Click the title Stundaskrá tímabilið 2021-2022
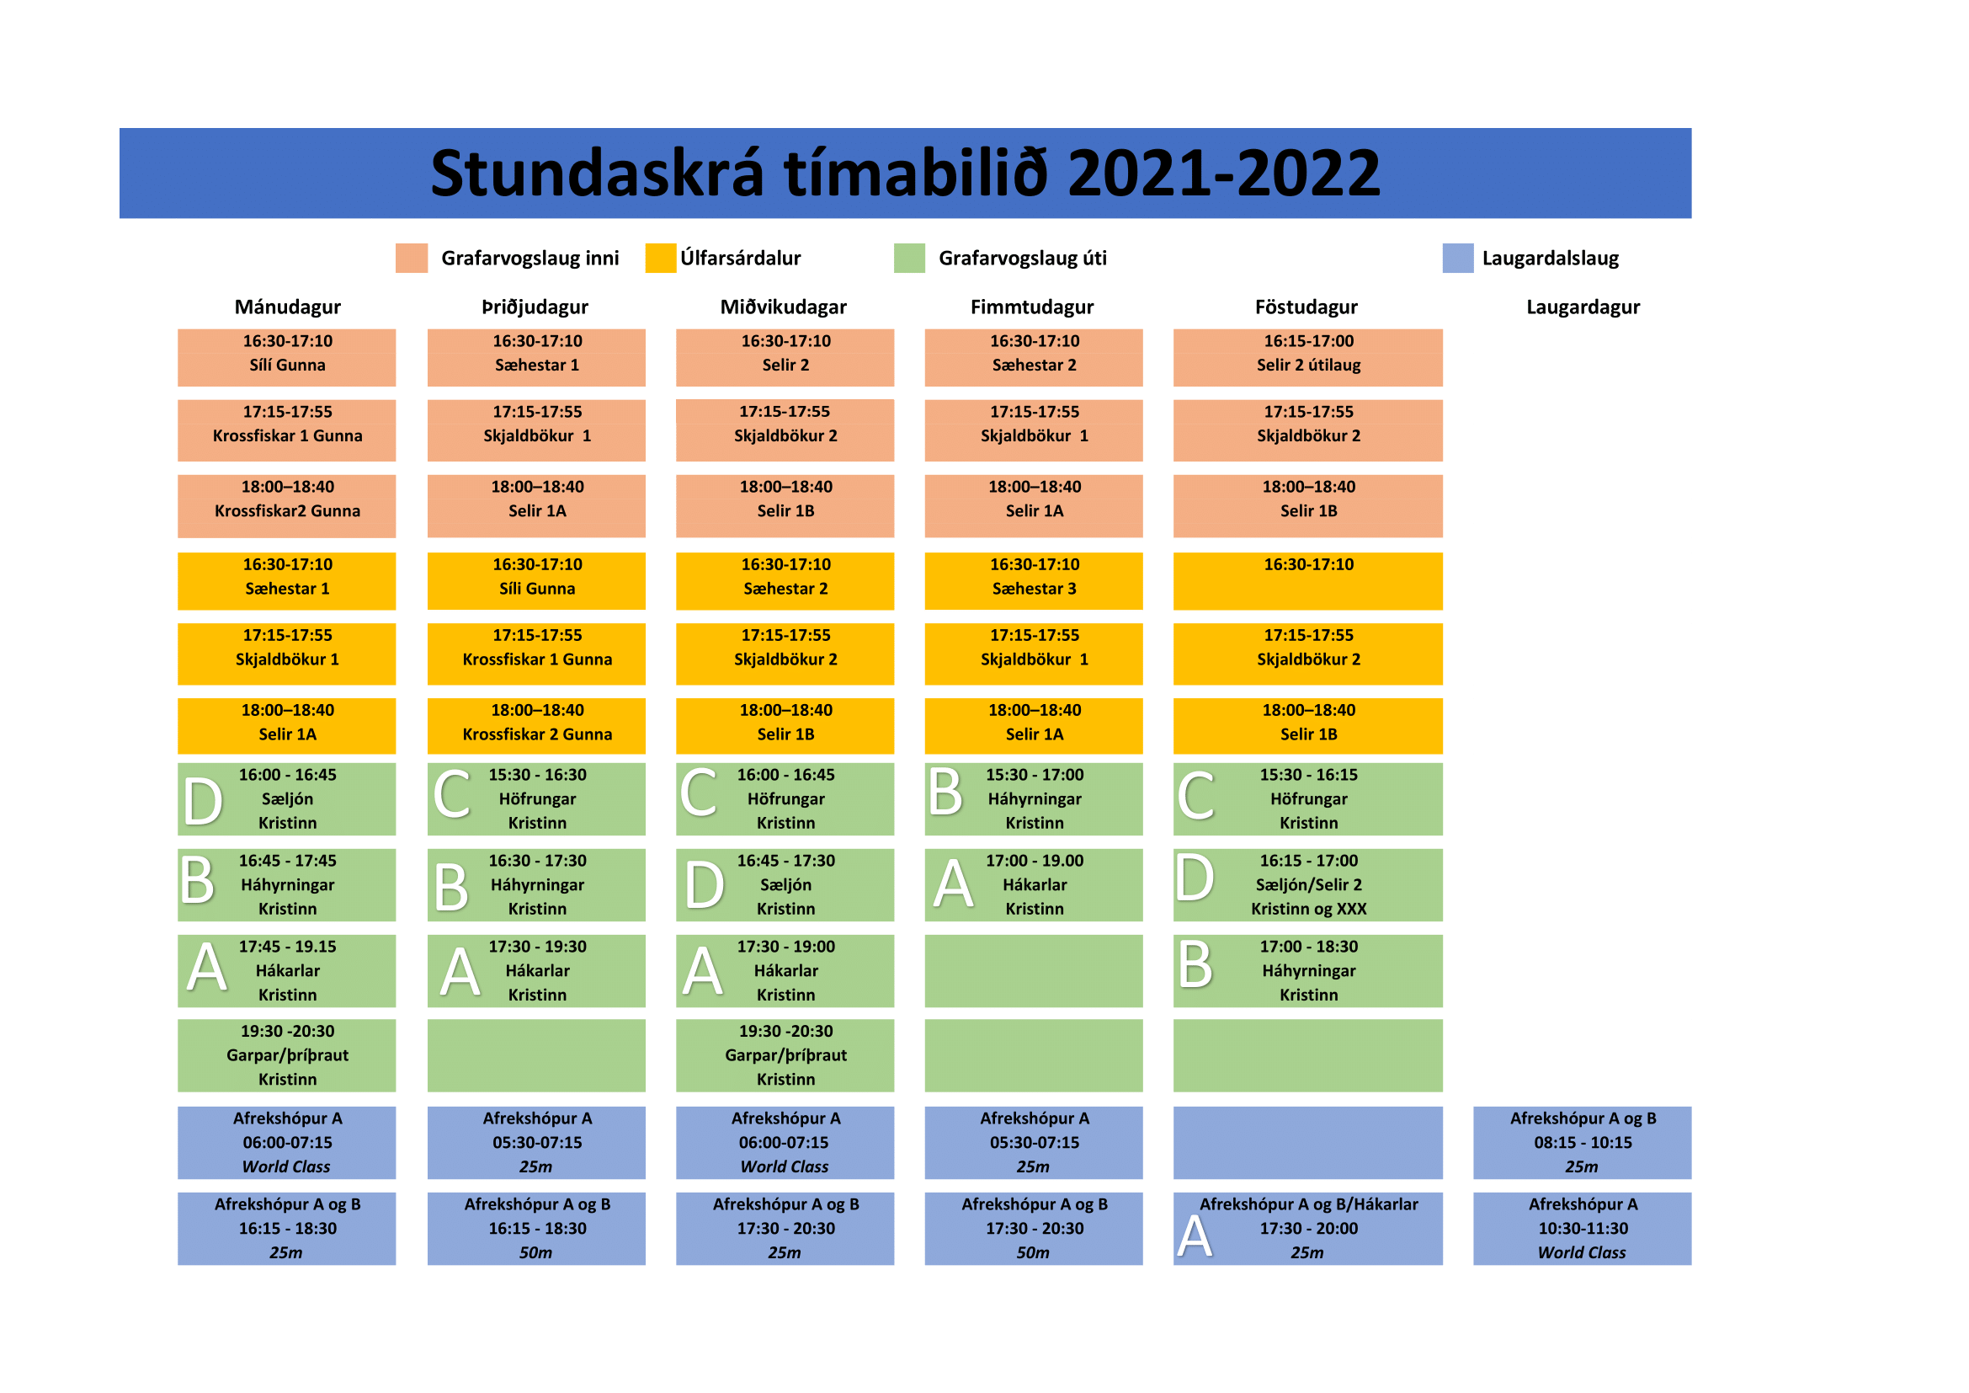tap(905, 173)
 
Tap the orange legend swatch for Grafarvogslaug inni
tap(412, 259)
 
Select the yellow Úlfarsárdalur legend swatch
tap(660, 259)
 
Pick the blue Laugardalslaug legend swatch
tap(1458, 259)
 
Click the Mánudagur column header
tap(287, 307)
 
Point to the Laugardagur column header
tap(1583, 307)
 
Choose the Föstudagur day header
tap(1306, 307)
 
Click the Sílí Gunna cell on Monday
tap(286, 358)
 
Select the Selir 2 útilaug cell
tap(1308, 358)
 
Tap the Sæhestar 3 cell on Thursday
tap(1034, 581)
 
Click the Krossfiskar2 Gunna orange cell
tap(286, 506)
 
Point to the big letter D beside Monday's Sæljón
tap(203, 802)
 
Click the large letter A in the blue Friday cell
tap(1195, 1237)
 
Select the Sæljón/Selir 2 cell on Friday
tap(1308, 885)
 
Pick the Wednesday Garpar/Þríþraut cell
tap(785, 1056)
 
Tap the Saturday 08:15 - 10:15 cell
tap(1583, 1143)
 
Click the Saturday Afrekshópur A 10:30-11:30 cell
tap(1583, 1228)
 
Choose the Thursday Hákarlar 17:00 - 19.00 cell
tap(1034, 885)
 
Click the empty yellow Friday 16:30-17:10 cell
tap(1308, 581)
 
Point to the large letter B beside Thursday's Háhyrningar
tap(945, 792)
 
